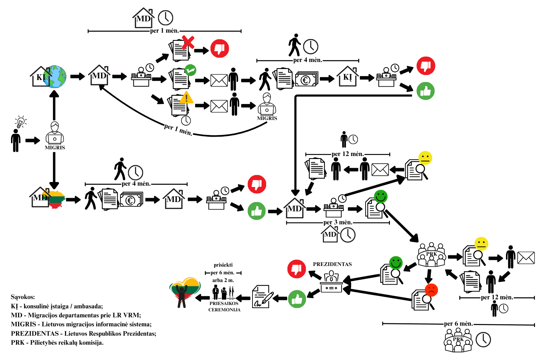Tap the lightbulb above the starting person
[21, 122]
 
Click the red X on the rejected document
[188, 43]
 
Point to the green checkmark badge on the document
[190, 70]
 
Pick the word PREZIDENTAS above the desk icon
[332, 264]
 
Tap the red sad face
[431, 290]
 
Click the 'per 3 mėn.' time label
[338, 222]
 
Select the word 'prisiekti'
[223, 265]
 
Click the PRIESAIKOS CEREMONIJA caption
[224, 307]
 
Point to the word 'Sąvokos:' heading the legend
[23, 297]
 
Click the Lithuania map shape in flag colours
[57, 199]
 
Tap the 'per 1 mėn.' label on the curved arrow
[178, 129]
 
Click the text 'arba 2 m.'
[223, 280]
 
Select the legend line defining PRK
[57, 343]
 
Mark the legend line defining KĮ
[57, 306]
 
